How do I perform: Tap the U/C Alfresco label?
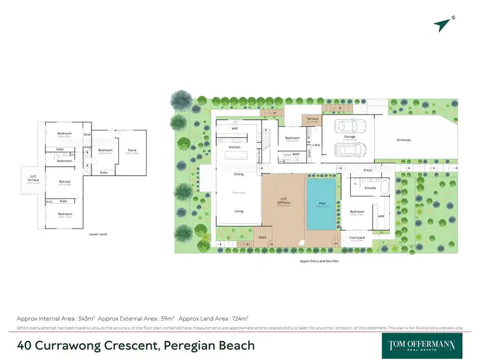284,202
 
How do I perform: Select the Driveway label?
403,139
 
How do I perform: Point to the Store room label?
132,150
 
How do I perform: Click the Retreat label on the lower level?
65,182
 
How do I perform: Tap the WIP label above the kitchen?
235,129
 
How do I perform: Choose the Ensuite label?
370,188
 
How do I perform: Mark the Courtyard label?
356,238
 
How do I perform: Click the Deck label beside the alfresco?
262,238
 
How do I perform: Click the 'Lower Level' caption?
98,234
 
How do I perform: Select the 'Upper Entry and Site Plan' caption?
319,261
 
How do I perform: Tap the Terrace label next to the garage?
312,119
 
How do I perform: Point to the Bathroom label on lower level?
65,161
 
